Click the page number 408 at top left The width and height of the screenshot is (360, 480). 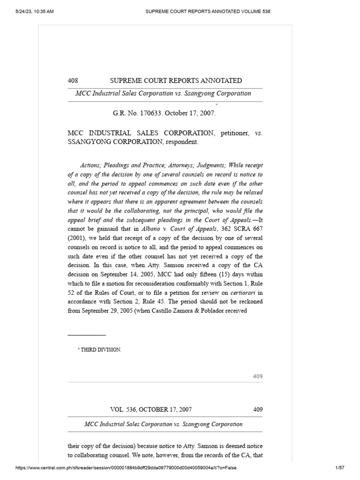(x=73, y=81)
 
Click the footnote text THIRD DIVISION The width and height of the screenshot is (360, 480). (x=101, y=350)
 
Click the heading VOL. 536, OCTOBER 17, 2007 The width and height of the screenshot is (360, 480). (x=150, y=409)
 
